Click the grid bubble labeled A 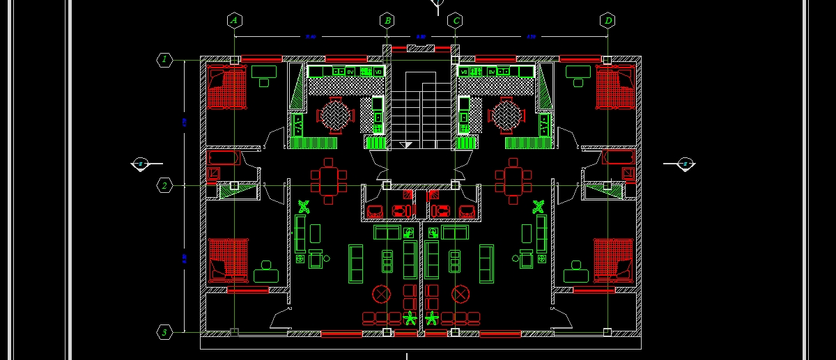(234, 20)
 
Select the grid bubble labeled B (387, 20)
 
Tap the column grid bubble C (455, 20)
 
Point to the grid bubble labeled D (607, 20)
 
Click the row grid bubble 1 (164, 60)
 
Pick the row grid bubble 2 (164, 185)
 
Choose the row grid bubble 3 (164, 332)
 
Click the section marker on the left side (139, 164)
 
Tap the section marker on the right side (686, 164)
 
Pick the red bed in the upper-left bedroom (227, 87)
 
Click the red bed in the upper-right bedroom (614, 87)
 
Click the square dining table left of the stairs (328, 179)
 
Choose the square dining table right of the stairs (513, 179)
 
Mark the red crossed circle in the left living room (382, 294)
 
